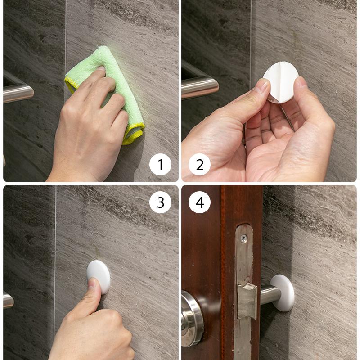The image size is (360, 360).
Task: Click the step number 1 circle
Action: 161,165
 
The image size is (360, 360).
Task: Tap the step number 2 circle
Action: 199,165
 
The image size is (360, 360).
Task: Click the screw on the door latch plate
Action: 243,238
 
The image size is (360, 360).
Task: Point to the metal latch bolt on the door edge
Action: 247,299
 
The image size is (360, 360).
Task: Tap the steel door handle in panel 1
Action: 18,93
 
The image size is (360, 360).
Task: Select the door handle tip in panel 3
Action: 8,300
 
